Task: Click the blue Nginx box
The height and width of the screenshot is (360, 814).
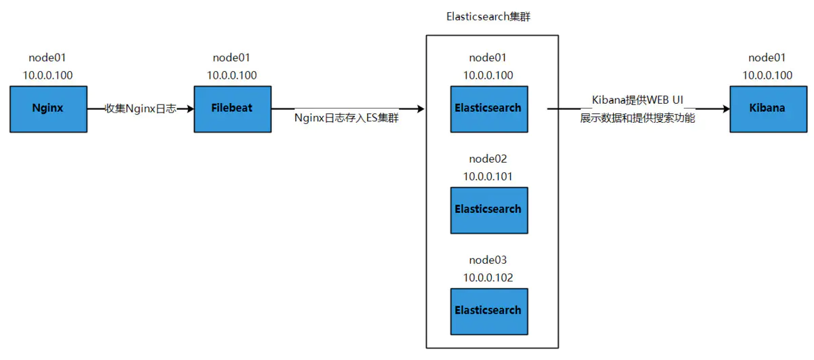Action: pos(48,108)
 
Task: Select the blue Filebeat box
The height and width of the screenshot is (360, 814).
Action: pos(233,108)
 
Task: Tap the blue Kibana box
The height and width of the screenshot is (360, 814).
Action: pos(768,108)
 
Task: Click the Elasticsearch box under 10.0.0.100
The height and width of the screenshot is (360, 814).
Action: pos(488,108)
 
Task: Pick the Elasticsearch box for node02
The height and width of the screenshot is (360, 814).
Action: pos(488,209)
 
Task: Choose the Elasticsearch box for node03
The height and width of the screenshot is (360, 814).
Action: pos(488,311)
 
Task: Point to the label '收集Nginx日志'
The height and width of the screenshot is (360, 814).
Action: pos(140,108)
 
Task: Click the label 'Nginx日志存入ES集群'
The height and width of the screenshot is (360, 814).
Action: pos(347,118)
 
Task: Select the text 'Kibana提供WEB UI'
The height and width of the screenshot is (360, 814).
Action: pos(638,100)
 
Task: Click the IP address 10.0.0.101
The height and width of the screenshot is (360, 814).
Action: pos(488,176)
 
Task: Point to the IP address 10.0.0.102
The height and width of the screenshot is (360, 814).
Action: pos(488,277)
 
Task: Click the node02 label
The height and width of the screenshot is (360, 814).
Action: pos(488,159)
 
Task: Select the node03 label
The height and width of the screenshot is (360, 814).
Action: pos(488,260)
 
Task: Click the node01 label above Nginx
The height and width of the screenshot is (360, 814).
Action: pos(47,58)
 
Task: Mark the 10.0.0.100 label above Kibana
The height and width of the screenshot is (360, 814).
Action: pos(767,75)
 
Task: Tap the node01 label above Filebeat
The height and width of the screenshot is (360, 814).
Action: pos(232,58)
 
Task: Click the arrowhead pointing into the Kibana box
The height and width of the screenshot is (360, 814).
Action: pos(724,108)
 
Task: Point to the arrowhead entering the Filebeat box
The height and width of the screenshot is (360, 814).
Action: pos(189,108)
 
